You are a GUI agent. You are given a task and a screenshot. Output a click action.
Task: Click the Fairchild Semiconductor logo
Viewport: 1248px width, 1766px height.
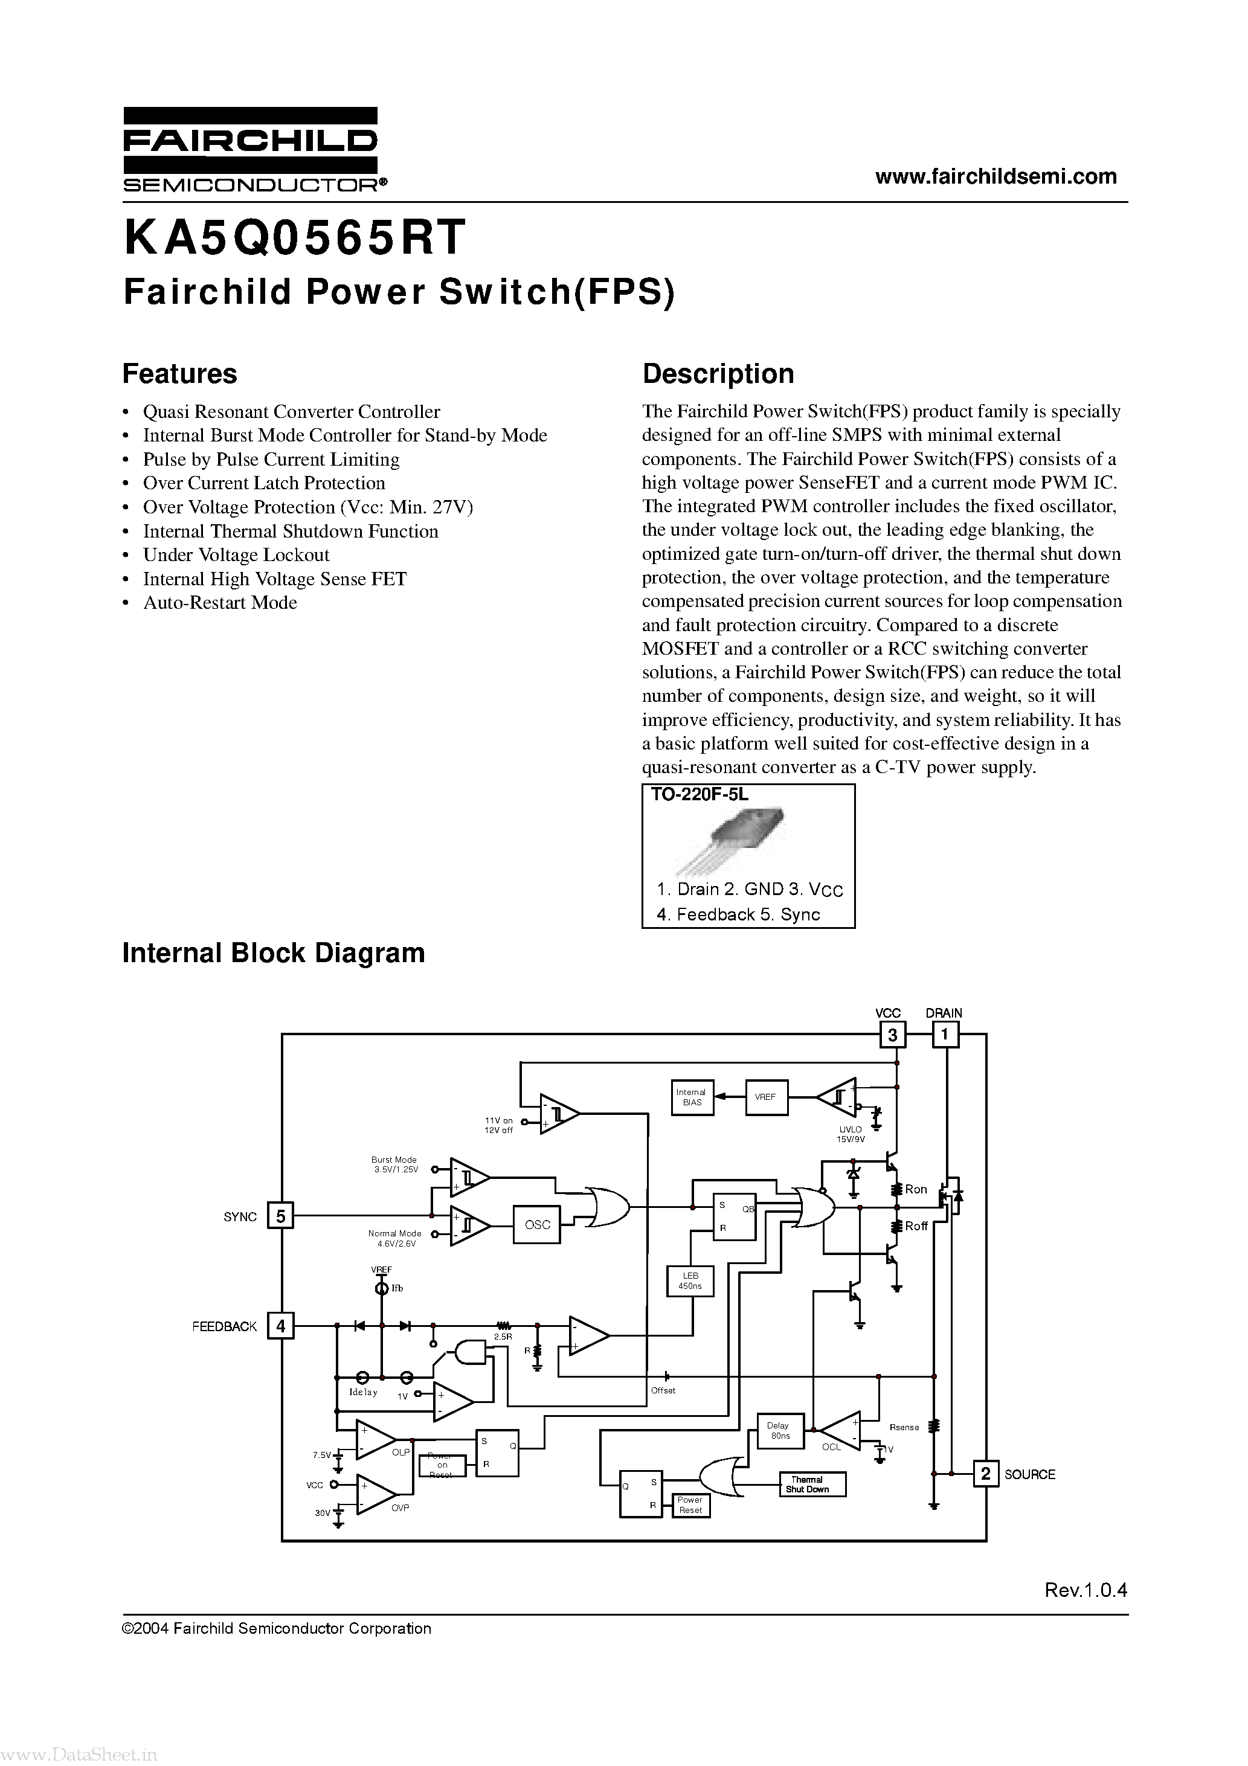point(251,150)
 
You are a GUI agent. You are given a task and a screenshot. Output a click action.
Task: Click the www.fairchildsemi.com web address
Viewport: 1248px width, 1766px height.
point(996,176)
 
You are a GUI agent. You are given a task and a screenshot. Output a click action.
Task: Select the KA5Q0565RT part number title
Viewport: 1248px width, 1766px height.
point(295,237)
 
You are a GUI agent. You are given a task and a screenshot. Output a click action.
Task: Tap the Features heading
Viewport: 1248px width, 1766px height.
point(179,374)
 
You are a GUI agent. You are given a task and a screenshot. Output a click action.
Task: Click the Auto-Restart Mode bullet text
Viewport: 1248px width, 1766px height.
point(220,603)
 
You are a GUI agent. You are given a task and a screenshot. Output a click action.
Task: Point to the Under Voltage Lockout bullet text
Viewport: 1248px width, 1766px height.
point(236,555)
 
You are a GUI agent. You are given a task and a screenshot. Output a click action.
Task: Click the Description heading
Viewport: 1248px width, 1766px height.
point(718,374)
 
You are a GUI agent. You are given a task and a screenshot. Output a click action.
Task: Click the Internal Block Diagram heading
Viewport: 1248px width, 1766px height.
point(273,953)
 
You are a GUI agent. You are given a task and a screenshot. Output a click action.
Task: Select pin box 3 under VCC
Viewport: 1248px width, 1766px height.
point(893,1035)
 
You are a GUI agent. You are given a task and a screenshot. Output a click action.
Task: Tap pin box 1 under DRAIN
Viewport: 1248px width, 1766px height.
point(945,1035)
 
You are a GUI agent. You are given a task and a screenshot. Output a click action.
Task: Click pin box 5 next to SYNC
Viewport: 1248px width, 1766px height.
point(281,1216)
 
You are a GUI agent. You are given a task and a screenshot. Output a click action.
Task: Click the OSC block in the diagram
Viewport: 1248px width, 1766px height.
point(537,1224)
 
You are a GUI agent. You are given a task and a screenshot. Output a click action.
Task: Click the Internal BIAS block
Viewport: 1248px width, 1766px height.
point(692,1097)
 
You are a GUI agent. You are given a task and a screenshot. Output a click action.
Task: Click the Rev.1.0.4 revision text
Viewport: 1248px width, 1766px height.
point(1085,1591)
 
